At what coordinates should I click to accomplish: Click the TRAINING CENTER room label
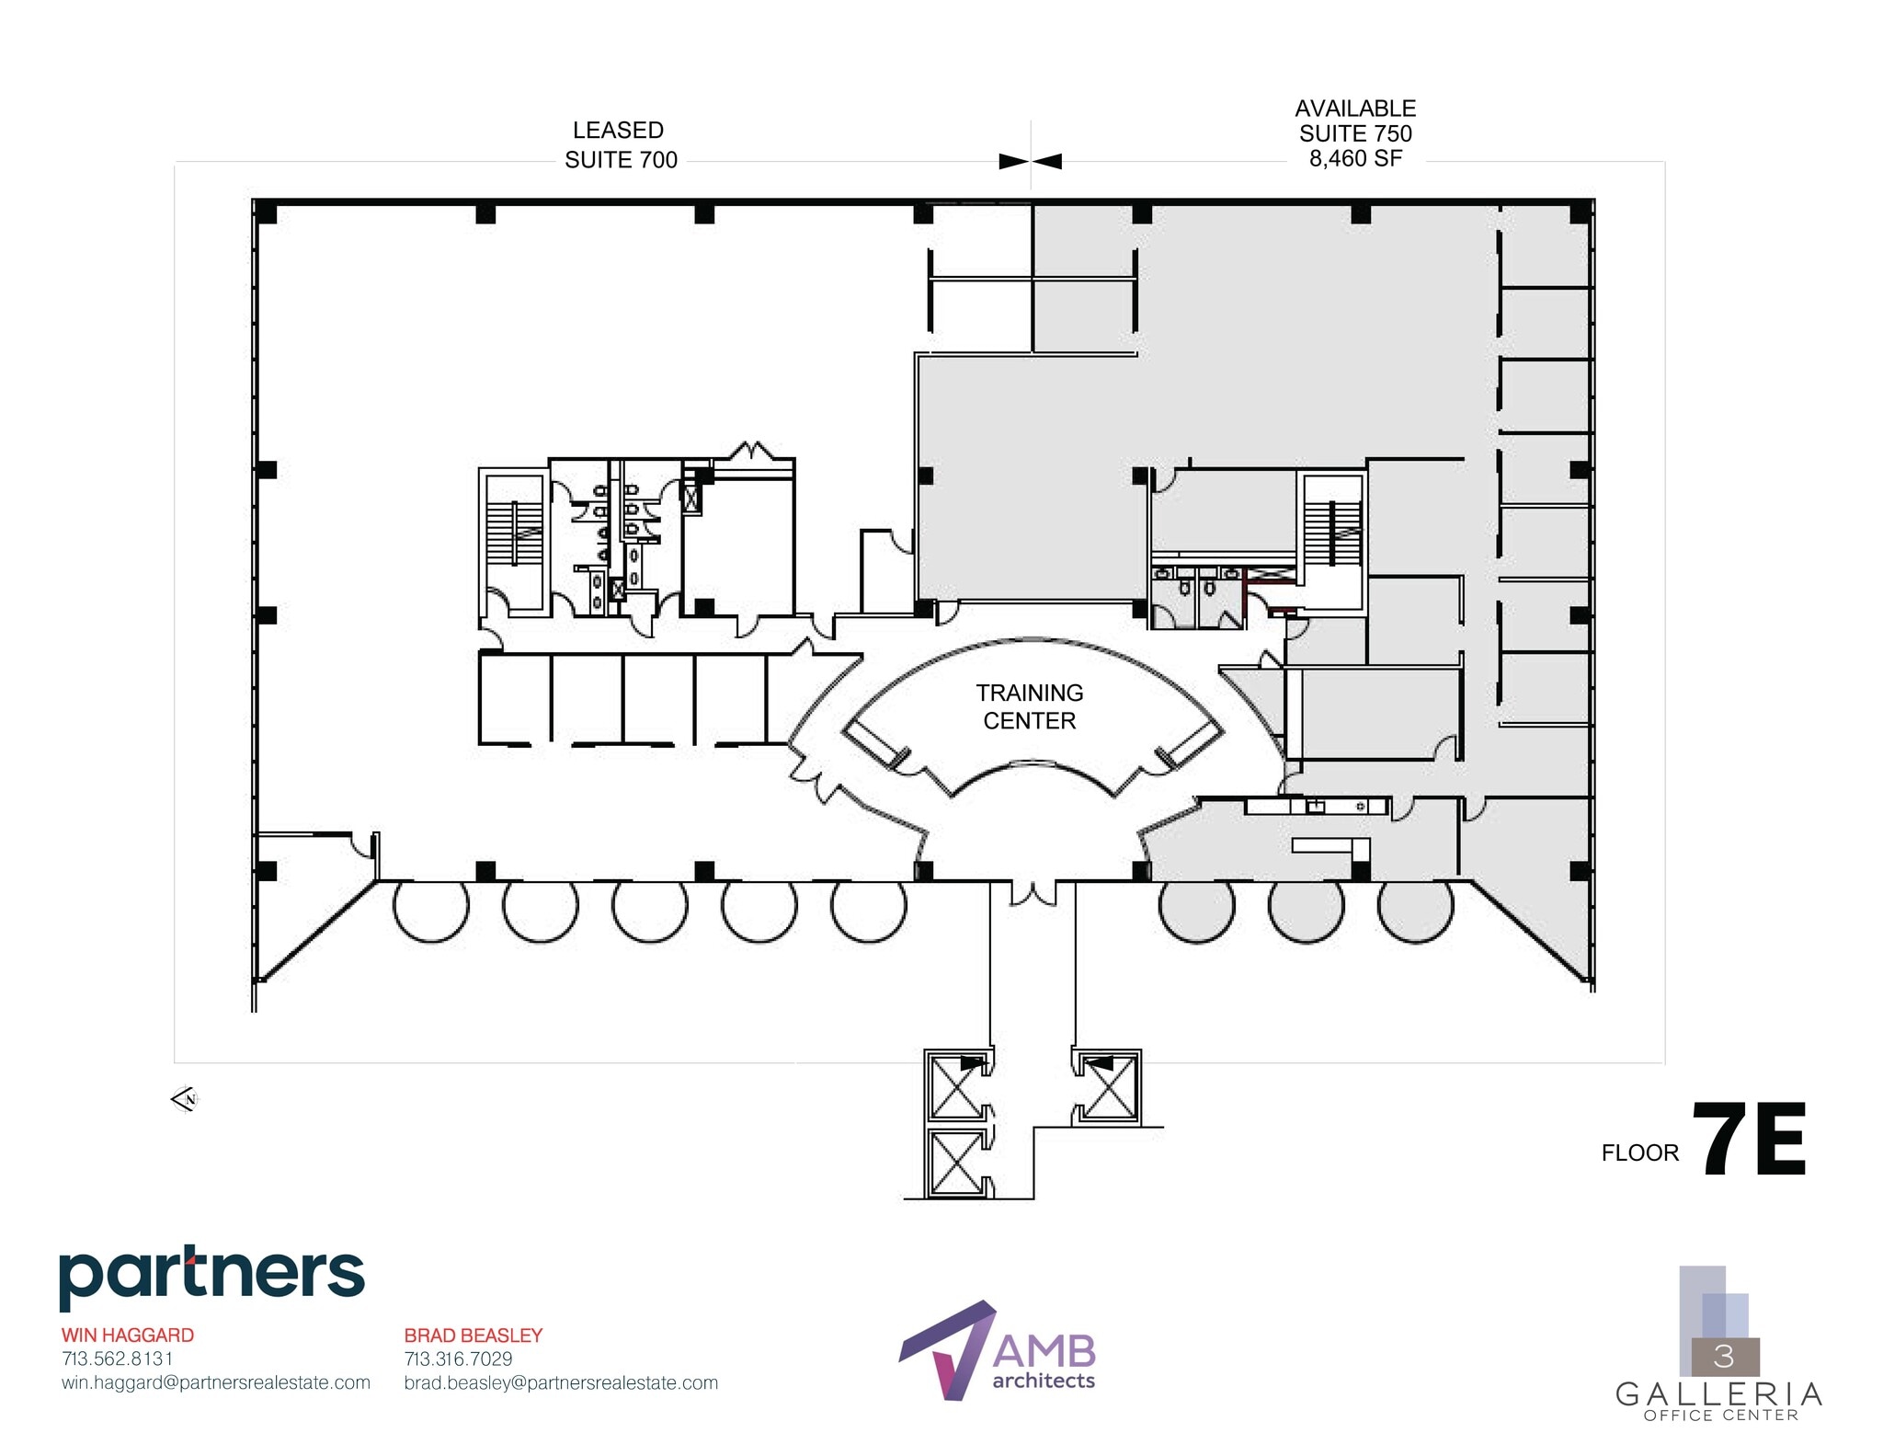point(1029,706)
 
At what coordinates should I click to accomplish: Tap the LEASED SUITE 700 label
point(621,145)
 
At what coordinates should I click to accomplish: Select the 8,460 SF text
point(1355,159)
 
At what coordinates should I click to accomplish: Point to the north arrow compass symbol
point(185,1098)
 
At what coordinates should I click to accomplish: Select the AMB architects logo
point(998,1350)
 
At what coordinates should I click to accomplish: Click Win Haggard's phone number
point(117,1359)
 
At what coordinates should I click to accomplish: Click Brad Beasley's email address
point(561,1382)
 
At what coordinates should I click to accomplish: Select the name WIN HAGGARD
point(128,1335)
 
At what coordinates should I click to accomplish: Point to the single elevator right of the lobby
point(1108,1088)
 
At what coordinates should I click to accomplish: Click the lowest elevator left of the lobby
point(957,1163)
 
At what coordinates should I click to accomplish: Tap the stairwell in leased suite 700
point(514,543)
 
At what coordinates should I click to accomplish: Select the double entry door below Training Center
point(1033,892)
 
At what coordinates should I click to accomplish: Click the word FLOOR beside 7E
point(1639,1152)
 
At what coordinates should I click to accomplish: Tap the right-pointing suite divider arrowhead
point(1012,162)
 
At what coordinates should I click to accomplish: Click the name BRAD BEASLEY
point(474,1335)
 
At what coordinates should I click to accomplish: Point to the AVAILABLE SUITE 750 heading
point(1355,120)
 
